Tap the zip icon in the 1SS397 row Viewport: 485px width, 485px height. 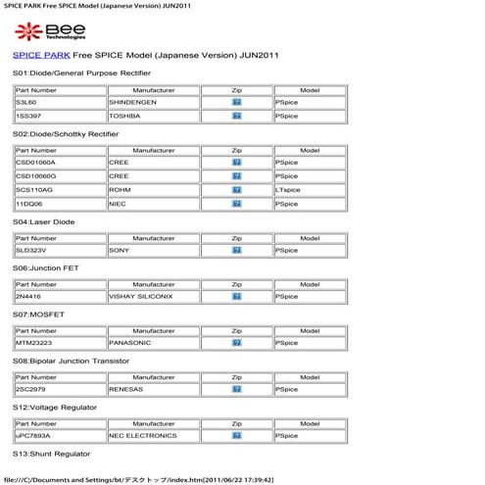[x=236, y=116]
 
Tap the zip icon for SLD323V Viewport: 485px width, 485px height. [x=236, y=250]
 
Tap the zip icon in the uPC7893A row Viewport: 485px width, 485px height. [x=236, y=435]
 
